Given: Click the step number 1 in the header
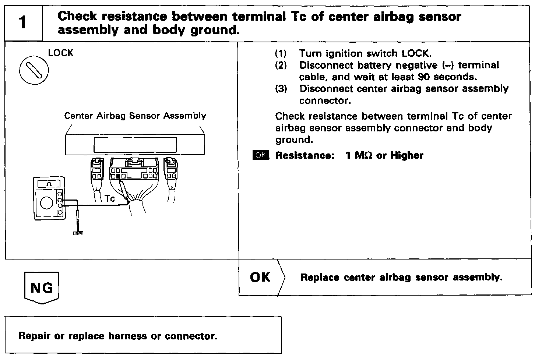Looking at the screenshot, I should pyautogui.click(x=23, y=23).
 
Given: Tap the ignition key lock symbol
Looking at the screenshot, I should pyautogui.click(x=34, y=71).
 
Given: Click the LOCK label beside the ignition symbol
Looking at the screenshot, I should pyautogui.click(x=61, y=53).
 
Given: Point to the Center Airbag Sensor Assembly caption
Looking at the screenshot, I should pyautogui.click(x=135, y=116).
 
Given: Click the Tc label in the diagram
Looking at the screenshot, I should pyautogui.click(x=110, y=199).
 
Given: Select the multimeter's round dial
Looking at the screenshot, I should pyautogui.click(x=46, y=203).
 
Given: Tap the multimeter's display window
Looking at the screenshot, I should pyautogui.click(x=49, y=183).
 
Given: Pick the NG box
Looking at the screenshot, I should pyautogui.click(x=42, y=287).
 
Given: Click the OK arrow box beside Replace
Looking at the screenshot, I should pyautogui.click(x=261, y=277).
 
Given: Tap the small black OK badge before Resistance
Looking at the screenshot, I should pyautogui.click(x=261, y=155).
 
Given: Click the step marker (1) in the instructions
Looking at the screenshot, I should pyautogui.click(x=281, y=53).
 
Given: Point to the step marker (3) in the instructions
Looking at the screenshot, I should pyautogui.click(x=281, y=89).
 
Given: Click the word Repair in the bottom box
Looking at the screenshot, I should pyautogui.click(x=34, y=336).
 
